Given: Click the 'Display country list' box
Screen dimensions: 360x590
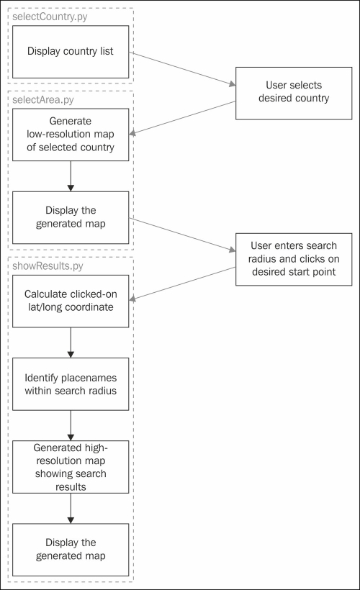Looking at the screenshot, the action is (x=71, y=52).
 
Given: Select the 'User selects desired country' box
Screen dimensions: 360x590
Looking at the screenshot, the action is (x=294, y=94).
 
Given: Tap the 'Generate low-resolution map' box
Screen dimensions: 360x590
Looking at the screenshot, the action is (x=71, y=135).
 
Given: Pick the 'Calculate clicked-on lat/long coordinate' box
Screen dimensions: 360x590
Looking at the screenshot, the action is (x=71, y=301).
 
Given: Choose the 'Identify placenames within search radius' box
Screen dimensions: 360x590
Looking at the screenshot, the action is (x=71, y=383).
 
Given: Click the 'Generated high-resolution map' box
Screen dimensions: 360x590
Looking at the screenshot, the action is (x=71, y=467).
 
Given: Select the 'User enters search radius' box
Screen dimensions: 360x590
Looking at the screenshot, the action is (x=294, y=259).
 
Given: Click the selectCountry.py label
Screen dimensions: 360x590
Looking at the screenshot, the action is (x=50, y=17).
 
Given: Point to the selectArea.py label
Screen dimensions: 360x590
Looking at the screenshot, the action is (x=43, y=100).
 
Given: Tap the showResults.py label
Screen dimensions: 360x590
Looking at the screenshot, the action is (x=48, y=266).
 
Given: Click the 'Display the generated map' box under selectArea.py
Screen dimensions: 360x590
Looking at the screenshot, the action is (x=71, y=217).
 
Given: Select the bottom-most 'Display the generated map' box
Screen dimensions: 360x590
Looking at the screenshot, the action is (x=71, y=550).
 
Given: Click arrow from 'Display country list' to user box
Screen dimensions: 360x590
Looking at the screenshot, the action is (x=182, y=69).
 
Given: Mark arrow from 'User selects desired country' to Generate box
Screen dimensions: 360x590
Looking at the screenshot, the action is (x=182, y=118).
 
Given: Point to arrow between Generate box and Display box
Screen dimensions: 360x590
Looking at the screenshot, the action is (x=71, y=176).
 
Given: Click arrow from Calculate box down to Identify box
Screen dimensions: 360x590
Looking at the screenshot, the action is (x=71, y=342).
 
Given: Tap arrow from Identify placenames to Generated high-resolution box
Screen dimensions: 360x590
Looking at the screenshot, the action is (x=71, y=425).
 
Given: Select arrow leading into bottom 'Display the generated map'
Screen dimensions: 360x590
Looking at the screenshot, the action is (x=71, y=509).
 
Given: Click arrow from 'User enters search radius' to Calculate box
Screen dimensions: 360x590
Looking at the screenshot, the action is (x=182, y=283).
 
